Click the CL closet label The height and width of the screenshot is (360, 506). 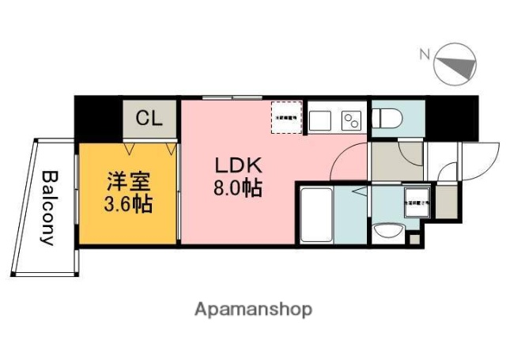pos(149,119)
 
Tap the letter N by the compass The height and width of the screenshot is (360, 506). pos(424,54)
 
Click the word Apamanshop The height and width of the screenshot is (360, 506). pos(253,309)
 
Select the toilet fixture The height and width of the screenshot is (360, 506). pos(387,119)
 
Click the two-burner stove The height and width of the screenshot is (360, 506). pos(350,120)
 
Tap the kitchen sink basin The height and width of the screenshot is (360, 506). pos(321,120)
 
